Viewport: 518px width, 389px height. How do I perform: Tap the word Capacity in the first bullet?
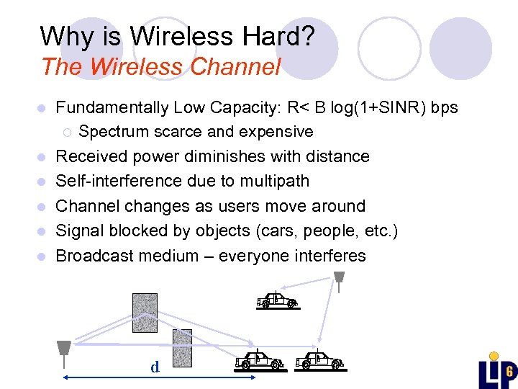[242, 107]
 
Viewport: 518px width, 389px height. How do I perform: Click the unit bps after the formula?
[444, 107]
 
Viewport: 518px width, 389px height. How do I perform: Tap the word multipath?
[273, 181]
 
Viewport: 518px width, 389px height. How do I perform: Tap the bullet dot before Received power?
[44, 157]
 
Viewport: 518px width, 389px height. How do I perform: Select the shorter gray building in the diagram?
[183, 350]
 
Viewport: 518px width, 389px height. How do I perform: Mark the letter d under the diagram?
[155, 367]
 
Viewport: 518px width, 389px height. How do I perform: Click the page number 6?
[509, 372]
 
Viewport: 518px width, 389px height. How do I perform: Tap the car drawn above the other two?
[277, 300]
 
